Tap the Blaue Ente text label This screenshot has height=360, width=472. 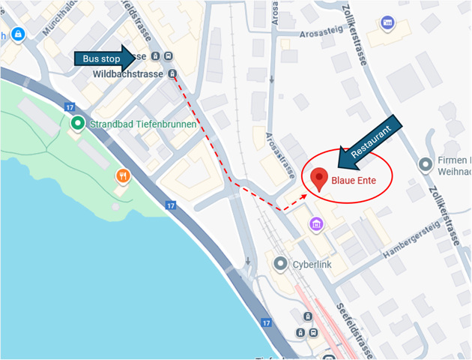click(x=354, y=181)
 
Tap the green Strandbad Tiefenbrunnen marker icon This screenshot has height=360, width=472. click(x=77, y=123)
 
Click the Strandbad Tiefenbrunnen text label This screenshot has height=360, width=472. click(x=143, y=124)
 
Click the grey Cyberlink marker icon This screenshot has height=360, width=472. click(x=280, y=263)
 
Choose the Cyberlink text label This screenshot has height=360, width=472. click(x=312, y=264)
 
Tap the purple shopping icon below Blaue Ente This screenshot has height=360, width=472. click(x=316, y=223)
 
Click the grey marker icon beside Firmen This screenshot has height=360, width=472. click(x=426, y=163)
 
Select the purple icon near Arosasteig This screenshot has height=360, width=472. click(x=387, y=23)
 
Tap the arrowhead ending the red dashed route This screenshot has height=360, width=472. click(x=304, y=193)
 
